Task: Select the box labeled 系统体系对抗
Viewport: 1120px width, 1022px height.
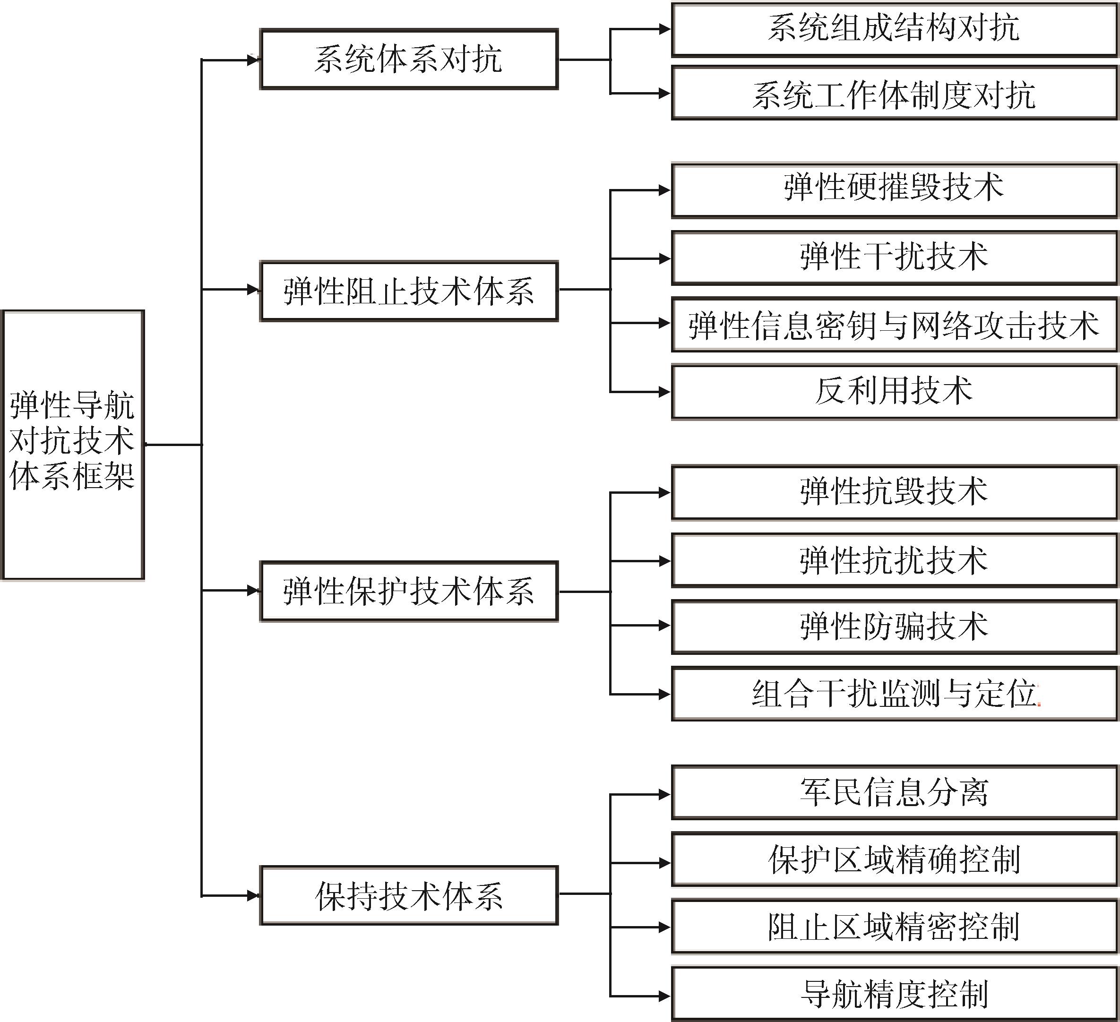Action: tap(409, 60)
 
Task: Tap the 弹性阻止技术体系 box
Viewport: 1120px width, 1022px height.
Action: tap(409, 291)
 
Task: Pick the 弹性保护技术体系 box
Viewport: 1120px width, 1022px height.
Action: tap(409, 591)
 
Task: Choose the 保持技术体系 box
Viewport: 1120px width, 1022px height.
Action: tap(409, 895)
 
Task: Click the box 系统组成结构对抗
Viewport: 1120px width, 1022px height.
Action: tap(895, 29)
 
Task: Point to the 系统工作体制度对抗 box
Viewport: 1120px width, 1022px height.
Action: tap(895, 93)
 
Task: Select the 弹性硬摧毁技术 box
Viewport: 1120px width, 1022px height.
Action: tap(895, 190)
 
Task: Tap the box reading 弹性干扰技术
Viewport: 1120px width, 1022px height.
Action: tap(895, 258)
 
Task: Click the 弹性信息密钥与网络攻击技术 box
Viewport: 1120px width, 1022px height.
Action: tap(895, 325)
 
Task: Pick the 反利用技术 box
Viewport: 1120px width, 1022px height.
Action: tap(895, 392)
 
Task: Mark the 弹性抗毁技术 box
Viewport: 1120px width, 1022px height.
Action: tap(895, 493)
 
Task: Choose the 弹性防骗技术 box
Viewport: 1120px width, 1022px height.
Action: tap(895, 626)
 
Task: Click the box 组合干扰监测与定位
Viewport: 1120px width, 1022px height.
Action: tap(895, 694)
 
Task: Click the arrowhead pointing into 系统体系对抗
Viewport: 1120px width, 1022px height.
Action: tap(253, 60)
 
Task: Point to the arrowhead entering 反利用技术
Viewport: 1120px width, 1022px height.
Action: tap(664, 392)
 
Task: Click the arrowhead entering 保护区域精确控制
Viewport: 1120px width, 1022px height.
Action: tap(664, 863)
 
